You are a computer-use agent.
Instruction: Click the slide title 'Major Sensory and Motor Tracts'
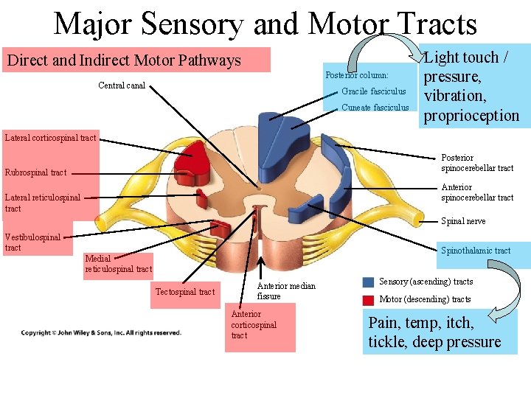pyautogui.click(x=265, y=24)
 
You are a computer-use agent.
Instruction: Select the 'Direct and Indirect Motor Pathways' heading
pyautogui.click(x=124, y=60)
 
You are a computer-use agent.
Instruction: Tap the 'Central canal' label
pyautogui.click(x=122, y=85)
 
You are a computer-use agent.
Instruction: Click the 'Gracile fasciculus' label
pyautogui.click(x=373, y=91)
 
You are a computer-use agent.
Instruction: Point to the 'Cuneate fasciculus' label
pyautogui.click(x=375, y=108)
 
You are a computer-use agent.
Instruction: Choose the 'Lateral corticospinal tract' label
pyautogui.click(x=50, y=138)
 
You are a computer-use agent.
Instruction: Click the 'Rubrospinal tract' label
pyautogui.click(x=35, y=172)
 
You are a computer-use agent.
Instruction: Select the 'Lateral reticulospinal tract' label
pyautogui.click(x=43, y=203)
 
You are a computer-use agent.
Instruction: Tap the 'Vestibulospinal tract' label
pyautogui.click(x=32, y=242)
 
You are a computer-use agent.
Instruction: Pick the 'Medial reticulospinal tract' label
pyautogui.click(x=118, y=264)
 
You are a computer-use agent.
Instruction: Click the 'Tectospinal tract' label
pyautogui.click(x=185, y=292)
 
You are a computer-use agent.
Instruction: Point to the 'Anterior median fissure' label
pyautogui.click(x=285, y=291)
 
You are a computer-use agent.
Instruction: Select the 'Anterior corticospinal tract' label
pyautogui.click(x=254, y=325)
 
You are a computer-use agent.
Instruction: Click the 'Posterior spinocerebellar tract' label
pyautogui.click(x=476, y=163)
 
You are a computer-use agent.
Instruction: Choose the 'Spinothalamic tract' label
pyautogui.click(x=476, y=251)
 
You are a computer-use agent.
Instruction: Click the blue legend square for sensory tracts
pyautogui.click(x=368, y=282)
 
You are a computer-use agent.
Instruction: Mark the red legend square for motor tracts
pyautogui.click(x=368, y=300)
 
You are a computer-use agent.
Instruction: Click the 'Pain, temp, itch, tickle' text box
pyautogui.click(x=434, y=332)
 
